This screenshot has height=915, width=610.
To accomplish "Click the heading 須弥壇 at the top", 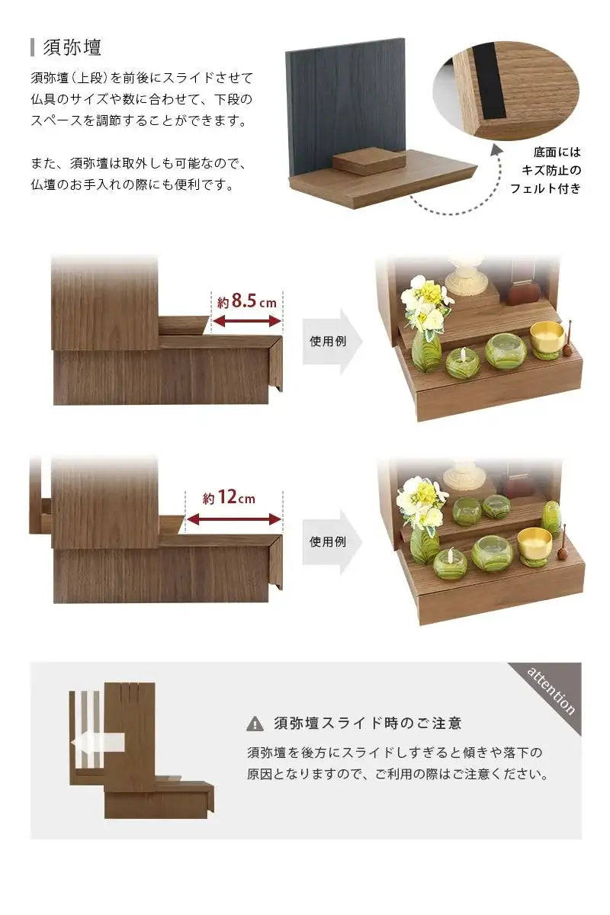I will (x=72, y=47).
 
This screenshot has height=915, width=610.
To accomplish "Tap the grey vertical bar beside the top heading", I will (x=33, y=47).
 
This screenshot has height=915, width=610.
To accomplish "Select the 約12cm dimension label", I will (x=229, y=499).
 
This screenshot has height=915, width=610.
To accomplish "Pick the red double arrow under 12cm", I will (x=234, y=520).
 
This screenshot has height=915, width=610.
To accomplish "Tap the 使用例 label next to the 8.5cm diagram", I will (x=328, y=341).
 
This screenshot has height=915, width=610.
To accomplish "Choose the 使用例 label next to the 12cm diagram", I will (x=328, y=541).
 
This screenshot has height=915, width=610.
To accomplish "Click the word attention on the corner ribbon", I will (x=551, y=690).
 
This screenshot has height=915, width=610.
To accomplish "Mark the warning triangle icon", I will (x=255, y=724).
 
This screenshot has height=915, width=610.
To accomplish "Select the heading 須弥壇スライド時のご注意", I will (x=367, y=723).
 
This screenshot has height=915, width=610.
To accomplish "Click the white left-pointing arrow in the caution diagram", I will (x=97, y=742).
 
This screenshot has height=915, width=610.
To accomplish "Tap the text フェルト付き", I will (x=545, y=188).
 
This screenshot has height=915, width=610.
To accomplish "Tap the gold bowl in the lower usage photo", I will (x=534, y=544).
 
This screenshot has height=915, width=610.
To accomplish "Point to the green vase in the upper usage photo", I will (x=426, y=349).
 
